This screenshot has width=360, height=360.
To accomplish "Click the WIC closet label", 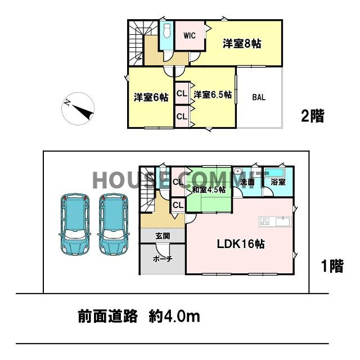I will [190, 36].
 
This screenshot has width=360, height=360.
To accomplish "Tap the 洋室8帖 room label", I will [241, 43].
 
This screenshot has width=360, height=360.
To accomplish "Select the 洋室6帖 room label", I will [151, 97].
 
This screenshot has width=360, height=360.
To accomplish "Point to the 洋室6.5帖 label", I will [213, 95].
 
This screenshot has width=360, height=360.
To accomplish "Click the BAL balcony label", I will [259, 97].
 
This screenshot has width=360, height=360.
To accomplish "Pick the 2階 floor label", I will [312, 117].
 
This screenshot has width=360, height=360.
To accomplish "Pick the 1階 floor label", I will [331, 267].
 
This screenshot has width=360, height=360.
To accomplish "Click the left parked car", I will [73, 224].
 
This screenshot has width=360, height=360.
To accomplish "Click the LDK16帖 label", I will [241, 245].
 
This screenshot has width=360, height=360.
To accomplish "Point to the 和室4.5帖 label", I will [209, 190].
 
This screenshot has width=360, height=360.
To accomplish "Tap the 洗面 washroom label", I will [248, 182].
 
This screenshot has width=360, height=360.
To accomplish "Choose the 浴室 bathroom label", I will [278, 182].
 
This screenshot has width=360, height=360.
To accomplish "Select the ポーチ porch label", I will [162, 259].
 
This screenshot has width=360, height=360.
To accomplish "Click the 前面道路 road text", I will [107, 317].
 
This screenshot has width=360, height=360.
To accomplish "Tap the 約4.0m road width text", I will [174, 317].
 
